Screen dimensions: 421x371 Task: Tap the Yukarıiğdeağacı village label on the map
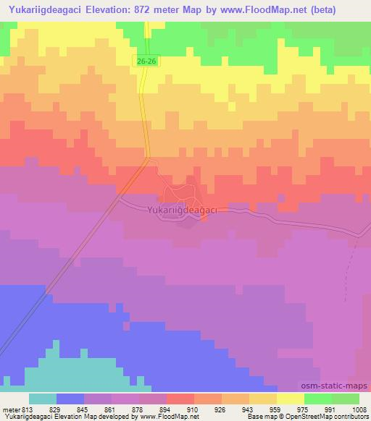click(183, 210)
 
